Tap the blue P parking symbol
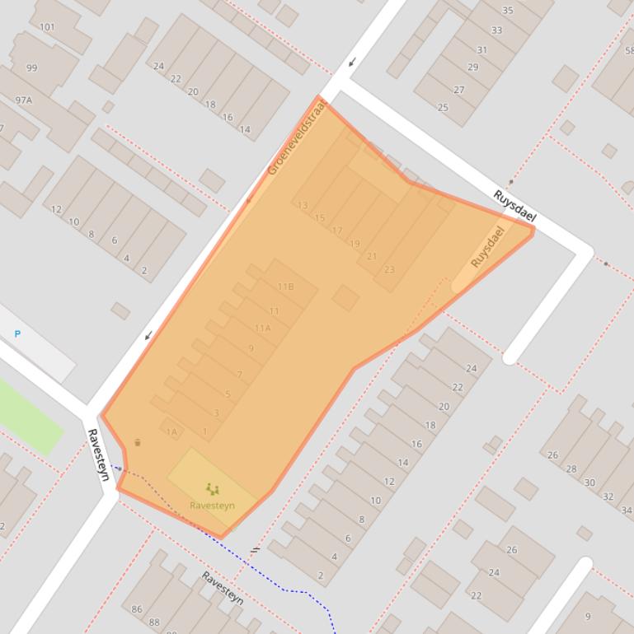tap(17, 334)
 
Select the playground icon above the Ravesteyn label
tap(212, 489)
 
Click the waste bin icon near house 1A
tap(138, 443)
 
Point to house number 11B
tap(285, 287)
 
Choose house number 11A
tap(262, 329)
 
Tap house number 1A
tap(171, 431)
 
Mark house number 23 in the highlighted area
tap(389, 269)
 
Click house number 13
tap(303, 206)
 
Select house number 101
tap(47, 27)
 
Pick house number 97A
tap(23, 100)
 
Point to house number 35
tap(508, 11)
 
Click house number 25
tap(443, 108)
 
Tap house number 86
tap(137, 610)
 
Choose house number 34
tap(627, 511)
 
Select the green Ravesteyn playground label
tap(212, 506)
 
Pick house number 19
tap(355, 244)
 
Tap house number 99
tap(31, 68)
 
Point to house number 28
tap(571, 469)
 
